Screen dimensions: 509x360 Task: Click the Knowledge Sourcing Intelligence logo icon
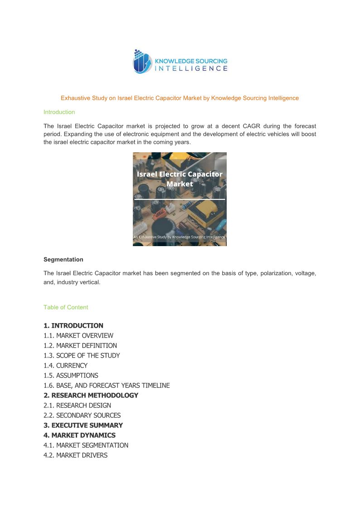click(x=142, y=62)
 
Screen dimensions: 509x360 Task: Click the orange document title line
click(x=180, y=98)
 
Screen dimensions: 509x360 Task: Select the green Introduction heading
click(x=59, y=112)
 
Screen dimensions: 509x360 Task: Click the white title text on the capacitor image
click(x=180, y=179)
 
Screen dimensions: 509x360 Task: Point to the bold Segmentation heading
click(x=63, y=260)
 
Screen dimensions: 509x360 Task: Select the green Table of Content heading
click(x=66, y=307)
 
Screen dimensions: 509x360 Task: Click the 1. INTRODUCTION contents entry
click(x=73, y=325)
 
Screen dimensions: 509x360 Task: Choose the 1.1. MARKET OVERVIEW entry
click(x=78, y=335)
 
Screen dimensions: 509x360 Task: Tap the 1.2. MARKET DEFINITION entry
click(x=80, y=345)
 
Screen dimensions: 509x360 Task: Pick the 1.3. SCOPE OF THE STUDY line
click(x=82, y=355)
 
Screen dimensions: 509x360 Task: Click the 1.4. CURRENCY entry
click(x=66, y=365)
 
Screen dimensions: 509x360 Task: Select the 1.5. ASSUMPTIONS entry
click(x=71, y=375)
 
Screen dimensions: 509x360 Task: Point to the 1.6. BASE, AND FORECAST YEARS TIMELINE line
click(x=107, y=385)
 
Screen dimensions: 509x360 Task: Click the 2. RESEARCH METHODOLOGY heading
click(x=91, y=395)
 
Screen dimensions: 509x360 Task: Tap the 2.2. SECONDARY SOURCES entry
click(x=82, y=415)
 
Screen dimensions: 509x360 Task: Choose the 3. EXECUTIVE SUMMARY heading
click(x=83, y=425)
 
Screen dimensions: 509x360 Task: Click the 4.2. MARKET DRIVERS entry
click(x=76, y=455)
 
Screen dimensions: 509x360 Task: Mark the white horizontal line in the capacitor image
click(x=180, y=199)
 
